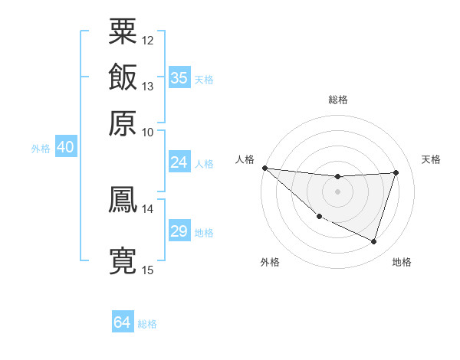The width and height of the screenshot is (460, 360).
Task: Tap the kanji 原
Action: click(x=123, y=123)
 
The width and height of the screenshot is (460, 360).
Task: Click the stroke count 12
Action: click(x=148, y=40)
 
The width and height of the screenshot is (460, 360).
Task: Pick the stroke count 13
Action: click(x=148, y=86)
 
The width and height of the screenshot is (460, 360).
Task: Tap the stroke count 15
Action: click(x=148, y=270)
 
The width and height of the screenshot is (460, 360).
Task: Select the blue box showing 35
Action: click(x=179, y=78)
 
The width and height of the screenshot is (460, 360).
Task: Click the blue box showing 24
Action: click(x=179, y=162)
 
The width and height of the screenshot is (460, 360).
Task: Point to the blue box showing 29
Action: click(x=179, y=231)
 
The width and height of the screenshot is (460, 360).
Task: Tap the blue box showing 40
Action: click(x=65, y=148)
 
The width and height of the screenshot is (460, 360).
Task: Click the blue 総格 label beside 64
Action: click(x=147, y=324)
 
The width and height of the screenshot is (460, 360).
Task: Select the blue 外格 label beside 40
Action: click(x=41, y=149)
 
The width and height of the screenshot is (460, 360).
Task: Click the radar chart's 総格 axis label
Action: click(x=338, y=100)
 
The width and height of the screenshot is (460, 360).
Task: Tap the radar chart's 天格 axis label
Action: click(x=431, y=159)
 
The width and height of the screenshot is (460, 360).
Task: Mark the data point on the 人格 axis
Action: click(x=264, y=168)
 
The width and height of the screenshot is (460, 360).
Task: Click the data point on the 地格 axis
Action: click(x=374, y=242)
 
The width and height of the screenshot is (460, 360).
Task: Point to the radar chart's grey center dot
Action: click(x=338, y=191)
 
